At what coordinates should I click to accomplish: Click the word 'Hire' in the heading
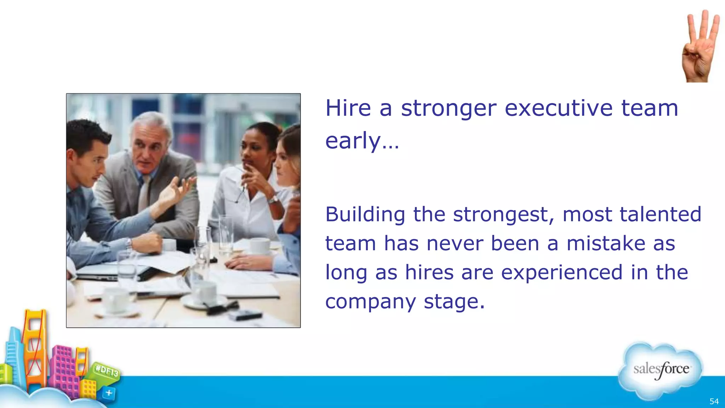point(348,108)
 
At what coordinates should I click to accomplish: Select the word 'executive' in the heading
point(558,108)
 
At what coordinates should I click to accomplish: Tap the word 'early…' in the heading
point(362,141)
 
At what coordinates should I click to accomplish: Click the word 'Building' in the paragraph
point(365,215)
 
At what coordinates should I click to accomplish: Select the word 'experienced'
point(561,273)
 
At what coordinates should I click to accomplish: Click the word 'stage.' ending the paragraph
point(454,302)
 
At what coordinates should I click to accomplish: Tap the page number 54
point(714,401)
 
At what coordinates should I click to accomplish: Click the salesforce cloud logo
point(661,370)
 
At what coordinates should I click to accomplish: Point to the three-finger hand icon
point(700,46)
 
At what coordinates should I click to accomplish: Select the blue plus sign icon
point(109,393)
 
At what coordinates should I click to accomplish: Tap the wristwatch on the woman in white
point(273,200)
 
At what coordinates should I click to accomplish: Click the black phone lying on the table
point(245,314)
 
